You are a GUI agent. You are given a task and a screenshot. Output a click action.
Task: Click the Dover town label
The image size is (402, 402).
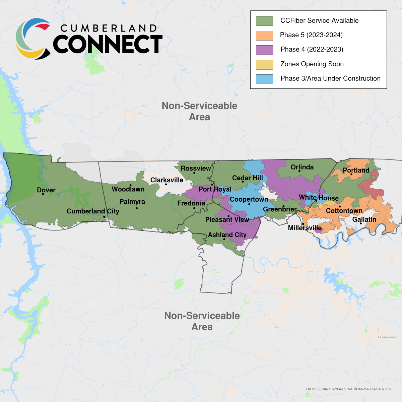[x=46, y=190]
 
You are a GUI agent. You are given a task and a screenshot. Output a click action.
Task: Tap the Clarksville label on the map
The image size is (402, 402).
[x=166, y=180]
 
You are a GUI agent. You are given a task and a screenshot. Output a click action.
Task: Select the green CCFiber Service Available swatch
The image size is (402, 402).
[x=264, y=21]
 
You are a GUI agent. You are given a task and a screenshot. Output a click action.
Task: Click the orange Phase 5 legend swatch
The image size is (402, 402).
[x=264, y=35]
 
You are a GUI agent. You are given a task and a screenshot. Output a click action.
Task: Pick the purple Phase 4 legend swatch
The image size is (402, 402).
[x=264, y=50]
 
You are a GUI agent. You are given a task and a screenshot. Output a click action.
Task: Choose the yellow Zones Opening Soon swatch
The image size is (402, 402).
[x=264, y=64]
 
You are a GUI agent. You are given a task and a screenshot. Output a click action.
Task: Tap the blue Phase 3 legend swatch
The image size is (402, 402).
[x=264, y=79]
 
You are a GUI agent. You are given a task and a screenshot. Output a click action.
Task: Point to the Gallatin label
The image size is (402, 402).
[x=364, y=219]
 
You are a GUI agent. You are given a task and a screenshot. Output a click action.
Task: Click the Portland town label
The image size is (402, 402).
[x=356, y=170]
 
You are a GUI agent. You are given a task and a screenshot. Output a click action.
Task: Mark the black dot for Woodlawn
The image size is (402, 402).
[x=131, y=185]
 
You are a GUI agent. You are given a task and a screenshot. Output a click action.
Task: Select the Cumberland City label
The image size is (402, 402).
[x=93, y=211]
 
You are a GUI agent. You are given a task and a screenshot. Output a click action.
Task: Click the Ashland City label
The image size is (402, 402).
[x=227, y=235]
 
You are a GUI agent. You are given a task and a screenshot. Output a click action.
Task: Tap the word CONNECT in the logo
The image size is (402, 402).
[x=108, y=44]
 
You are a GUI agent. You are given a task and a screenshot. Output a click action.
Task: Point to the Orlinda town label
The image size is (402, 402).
[x=302, y=167]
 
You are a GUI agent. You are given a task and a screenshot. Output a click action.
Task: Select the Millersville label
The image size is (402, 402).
[x=305, y=228]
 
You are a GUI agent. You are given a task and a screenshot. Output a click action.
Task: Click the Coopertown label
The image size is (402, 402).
[x=249, y=199]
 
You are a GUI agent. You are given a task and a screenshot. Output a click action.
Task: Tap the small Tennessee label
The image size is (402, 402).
[x=387, y=337]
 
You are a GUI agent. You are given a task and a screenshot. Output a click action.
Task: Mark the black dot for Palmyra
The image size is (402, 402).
[x=137, y=208]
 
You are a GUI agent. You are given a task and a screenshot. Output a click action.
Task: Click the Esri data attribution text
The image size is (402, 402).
[x=348, y=389]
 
